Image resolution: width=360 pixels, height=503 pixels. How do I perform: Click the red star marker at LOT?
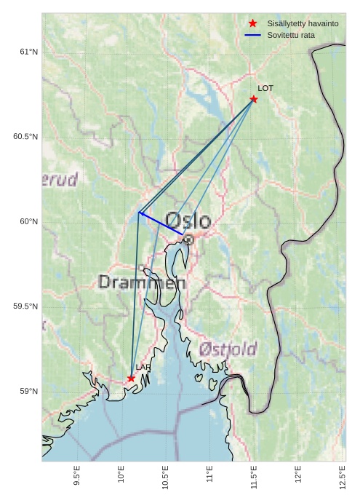[254, 99]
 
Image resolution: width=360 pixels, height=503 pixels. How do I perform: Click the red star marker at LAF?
[131, 379]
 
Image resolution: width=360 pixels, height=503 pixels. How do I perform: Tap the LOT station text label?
[265, 88]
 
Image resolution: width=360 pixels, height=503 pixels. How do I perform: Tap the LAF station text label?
[143, 368]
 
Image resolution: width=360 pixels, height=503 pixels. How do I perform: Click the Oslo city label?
[188, 221]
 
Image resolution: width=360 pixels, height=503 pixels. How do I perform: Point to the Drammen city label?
[142, 282]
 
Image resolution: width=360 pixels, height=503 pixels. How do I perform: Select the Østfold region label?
[228, 349]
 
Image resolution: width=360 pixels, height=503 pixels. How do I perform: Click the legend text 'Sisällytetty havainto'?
[303, 24]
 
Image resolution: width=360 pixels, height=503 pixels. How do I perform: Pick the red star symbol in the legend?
[253, 24]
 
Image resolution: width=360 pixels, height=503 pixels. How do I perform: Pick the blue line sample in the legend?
[253, 35]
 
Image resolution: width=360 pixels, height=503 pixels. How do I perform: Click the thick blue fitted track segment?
[161, 223]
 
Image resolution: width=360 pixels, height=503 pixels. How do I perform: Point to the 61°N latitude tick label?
[28, 52]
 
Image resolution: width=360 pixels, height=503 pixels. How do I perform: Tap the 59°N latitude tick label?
[28, 392]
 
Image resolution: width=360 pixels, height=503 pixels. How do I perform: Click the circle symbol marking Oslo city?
[188, 239]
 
